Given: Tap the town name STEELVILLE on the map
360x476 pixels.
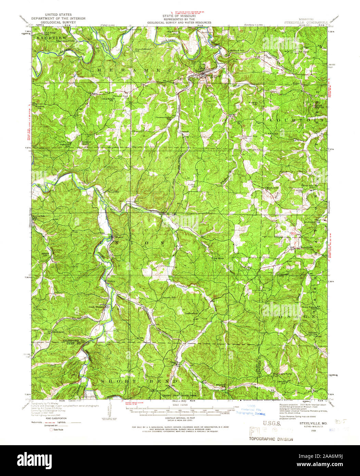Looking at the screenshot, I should click(x=212, y=75).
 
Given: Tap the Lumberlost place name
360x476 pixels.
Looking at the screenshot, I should click(x=192, y=313).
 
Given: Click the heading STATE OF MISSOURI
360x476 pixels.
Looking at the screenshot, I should click(x=179, y=16).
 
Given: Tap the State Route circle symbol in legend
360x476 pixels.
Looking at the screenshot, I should click(x=52, y=429).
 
